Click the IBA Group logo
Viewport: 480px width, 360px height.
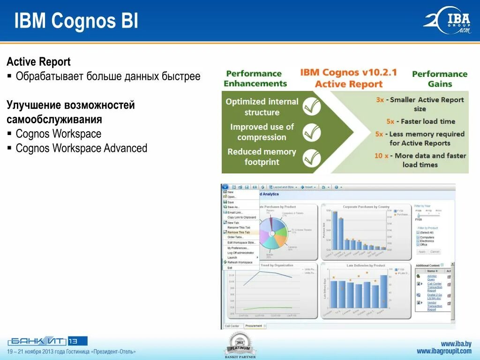tap(447, 21)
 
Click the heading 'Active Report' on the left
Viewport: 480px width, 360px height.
tap(38, 62)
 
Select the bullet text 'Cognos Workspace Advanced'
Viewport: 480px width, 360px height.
tap(81, 148)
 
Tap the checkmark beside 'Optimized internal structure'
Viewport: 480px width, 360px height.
tap(311, 107)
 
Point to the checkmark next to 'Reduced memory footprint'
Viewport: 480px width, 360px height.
tap(311, 158)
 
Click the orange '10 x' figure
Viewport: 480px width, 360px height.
tap(381, 156)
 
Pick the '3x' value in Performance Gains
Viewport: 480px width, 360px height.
tap(380, 100)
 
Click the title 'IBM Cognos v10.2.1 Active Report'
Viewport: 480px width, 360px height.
tap(348, 78)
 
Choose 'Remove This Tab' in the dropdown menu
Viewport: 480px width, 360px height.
tap(239, 232)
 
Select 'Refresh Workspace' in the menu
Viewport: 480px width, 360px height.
tap(240, 262)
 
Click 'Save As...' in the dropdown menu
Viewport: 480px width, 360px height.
tap(233, 207)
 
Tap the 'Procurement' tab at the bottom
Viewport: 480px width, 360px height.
tap(254, 326)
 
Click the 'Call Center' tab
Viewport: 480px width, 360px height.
tap(232, 326)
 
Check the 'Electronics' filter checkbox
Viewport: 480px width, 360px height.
tap(418, 241)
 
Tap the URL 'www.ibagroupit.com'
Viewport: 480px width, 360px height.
tap(444, 351)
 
